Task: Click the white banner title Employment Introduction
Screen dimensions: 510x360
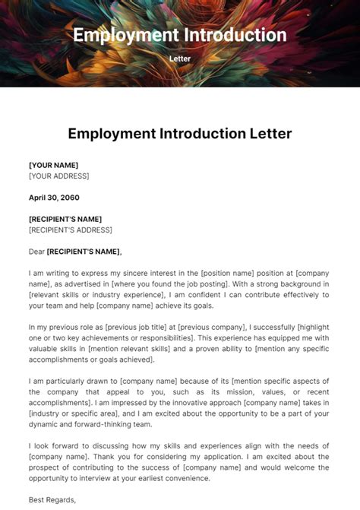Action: pos(180,35)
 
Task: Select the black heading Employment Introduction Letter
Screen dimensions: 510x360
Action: pos(180,134)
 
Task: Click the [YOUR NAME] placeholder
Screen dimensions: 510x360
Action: pos(53,165)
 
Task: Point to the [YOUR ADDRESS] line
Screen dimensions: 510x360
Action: pos(58,176)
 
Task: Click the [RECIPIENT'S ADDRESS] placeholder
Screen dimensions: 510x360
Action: pos(70,230)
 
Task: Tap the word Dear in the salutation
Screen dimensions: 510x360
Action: pos(36,252)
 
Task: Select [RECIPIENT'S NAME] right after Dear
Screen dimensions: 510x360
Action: pos(84,252)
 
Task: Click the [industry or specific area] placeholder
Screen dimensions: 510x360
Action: pos(69,413)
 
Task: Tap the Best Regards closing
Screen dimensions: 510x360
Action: pos(52,500)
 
